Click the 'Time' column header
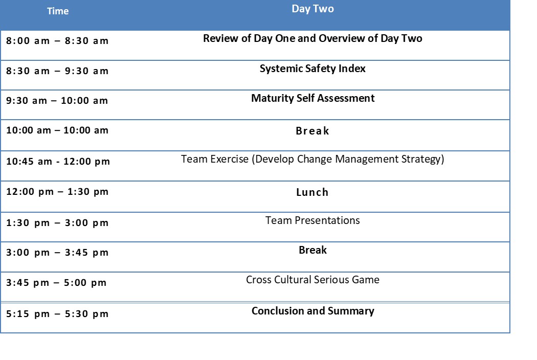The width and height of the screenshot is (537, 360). coord(58,11)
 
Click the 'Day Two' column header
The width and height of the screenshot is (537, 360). coord(312,9)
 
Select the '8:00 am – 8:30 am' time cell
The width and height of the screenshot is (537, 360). coord(57,41)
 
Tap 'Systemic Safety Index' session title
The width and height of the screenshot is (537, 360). coord(312,69)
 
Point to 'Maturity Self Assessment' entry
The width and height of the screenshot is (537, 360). coord(312,98)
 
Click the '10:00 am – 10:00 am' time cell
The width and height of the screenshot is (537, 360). coord(57,130)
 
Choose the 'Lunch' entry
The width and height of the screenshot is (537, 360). coord(312,192)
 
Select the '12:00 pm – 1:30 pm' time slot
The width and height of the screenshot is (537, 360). coord(57,191)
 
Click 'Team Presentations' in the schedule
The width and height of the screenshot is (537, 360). coord(312,220)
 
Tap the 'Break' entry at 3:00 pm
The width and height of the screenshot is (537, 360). coord(312,250)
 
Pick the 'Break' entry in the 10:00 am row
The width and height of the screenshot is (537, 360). coord(312,131)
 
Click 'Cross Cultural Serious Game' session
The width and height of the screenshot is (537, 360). coord(312,280)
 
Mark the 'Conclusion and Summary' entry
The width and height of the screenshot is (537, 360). coord(312,311)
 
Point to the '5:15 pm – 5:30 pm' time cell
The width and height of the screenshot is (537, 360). coord(57,314)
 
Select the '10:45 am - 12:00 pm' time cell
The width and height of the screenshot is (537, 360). coord(58,161)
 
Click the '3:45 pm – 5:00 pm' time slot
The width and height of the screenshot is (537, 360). coord(56,283)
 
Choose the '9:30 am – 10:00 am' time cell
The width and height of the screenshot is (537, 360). coord(57,101)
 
